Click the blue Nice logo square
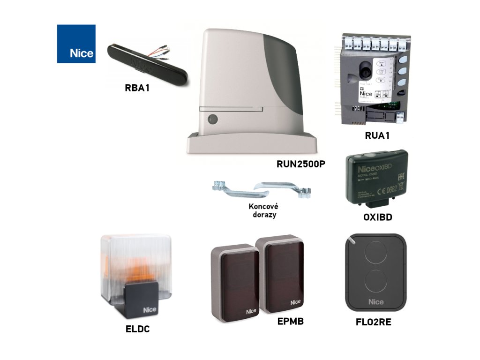point(76,44)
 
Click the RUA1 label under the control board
point(377,136)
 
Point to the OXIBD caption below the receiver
point(378,217)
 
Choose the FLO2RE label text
point(374,322)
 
